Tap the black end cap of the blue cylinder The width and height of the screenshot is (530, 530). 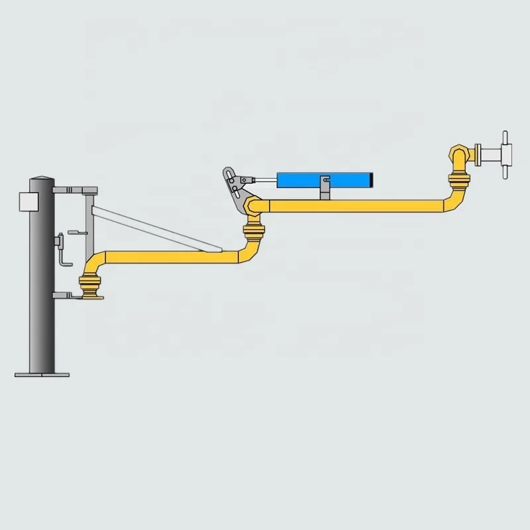pyautogui.click(x=371, y=179)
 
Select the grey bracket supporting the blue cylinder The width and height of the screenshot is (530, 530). pyautogui.click(x=325, y=191)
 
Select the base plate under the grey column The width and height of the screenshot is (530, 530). pyautogui.click(x=42, y=374)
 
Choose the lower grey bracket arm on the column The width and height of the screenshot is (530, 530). pyautogui.click(x=66, y=295)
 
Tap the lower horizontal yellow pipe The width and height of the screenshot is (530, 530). pyautogui.click(x=166, y=257)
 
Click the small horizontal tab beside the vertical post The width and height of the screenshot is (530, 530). pyautogui.click(x=77, y=233)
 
